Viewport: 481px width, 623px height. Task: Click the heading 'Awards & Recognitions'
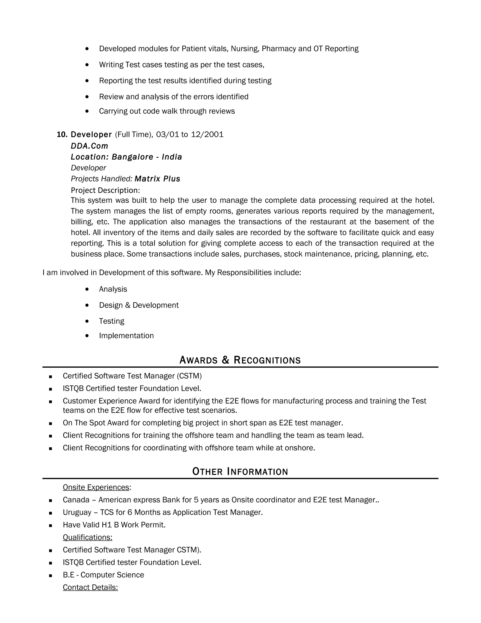click(x=240, y=360)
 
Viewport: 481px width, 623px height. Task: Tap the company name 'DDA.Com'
click(x=89, y=146)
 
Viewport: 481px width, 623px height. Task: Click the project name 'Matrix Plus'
click(x=157, y=179)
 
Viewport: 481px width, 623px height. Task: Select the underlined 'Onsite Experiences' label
click(x=96, y=487)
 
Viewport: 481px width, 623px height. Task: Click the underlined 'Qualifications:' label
click(x=87, y=537)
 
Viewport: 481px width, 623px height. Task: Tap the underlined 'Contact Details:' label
click(x=90, y=587)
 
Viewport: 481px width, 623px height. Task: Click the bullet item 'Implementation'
click(x=126, y=335)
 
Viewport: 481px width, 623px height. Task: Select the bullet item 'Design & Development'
click(x=139, y=305)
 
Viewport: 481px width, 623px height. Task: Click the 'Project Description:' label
click(x=105, y=190)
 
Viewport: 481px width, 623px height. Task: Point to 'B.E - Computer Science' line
click(x=103, y=575)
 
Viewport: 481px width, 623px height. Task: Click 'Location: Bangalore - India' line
click(x=126, y=157)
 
